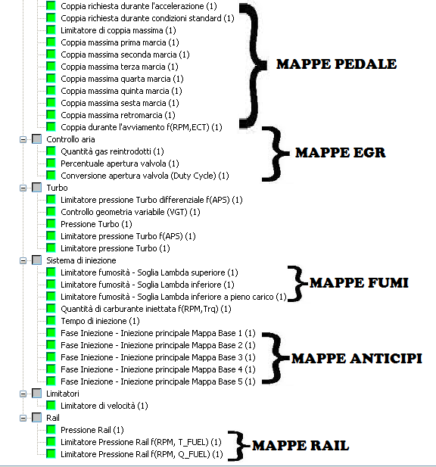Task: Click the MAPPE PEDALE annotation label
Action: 337,64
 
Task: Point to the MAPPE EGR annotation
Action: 341,152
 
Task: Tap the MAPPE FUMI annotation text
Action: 359,282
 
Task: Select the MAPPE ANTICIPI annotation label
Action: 357,358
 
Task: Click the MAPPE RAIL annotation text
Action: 301,446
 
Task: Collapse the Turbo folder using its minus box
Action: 23,188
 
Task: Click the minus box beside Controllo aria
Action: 23,139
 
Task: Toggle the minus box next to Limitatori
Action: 23,394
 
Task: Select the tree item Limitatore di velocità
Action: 104,406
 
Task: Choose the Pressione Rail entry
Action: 92,430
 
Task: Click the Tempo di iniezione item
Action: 100,321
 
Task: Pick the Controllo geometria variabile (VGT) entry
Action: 130,212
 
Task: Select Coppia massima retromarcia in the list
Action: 118,115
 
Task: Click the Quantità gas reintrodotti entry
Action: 112,151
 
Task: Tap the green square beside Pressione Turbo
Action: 51,224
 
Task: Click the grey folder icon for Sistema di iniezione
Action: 36,260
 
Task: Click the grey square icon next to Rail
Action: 36,418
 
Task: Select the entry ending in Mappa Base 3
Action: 158,357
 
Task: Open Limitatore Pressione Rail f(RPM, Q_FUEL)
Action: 142,454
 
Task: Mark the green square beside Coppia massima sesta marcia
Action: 51,102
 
